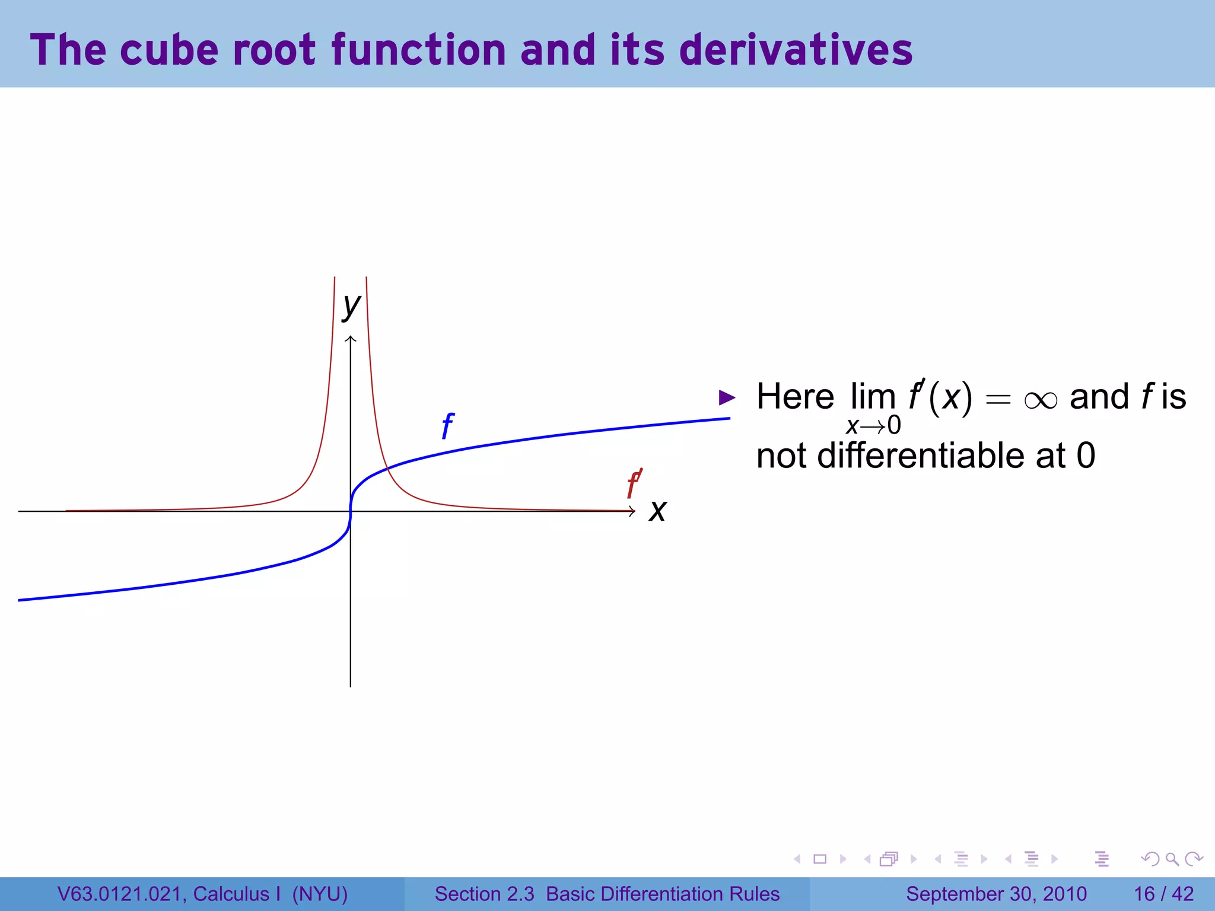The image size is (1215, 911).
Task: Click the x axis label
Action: click(x=657, y=511)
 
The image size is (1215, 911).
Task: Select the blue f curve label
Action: click(x=447, y=426)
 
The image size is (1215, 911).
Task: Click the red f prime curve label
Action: click(x=634, y=484)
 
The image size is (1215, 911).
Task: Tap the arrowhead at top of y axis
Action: click(x=351, y=339)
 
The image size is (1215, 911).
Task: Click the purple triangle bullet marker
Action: click(x=727, y=397)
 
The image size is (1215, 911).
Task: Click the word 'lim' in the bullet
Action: click(x=873, y=396)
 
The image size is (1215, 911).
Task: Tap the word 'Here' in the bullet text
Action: click(x=795, y=396)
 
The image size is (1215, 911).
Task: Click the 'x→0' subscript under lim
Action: click(x=873, y=425)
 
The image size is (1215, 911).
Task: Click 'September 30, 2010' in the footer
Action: click(x=996, y=894)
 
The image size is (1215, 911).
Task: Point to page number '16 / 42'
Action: click(x=1163, y=894)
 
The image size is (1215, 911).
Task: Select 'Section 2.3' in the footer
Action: click(x=484, y=894)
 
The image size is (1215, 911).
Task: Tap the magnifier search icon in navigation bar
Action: click(x=1172, y=859)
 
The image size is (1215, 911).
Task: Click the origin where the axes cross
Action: click(x=351, y=511)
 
